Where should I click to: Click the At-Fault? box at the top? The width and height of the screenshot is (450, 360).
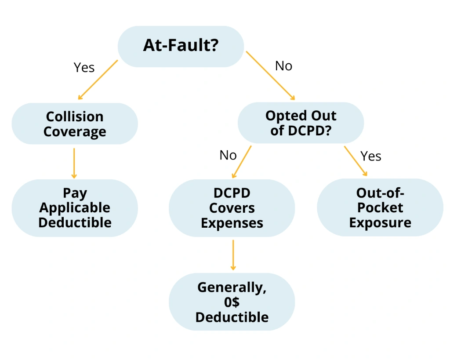pos(181,46)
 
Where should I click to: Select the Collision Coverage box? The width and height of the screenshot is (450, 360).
pos(75,124)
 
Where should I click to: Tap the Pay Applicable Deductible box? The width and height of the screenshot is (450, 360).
pos(75,208)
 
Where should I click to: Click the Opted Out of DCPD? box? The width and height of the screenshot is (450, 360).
pos(301,123)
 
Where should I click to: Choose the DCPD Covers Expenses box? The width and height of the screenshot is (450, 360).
pos(232,208)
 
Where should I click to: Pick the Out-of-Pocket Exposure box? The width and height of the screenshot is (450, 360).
pos(380,207)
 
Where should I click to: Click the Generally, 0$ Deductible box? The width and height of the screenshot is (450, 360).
pos(232,302)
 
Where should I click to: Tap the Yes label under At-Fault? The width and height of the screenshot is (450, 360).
pos(84,67)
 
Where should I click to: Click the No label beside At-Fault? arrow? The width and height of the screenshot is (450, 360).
pos(283,66)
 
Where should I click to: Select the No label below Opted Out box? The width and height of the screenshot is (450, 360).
pos(228,155)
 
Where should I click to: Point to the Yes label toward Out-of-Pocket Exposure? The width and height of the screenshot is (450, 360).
pos(370,156)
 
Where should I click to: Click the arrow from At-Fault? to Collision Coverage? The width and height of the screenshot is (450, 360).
pos(98,80)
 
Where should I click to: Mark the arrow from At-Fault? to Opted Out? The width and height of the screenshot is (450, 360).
pos(270,75)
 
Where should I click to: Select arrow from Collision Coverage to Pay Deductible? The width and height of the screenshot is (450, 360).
pos(74,163)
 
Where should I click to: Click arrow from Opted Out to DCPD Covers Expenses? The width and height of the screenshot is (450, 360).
pos(242,161)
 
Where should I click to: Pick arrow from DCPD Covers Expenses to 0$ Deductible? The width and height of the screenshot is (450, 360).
pos(233,255)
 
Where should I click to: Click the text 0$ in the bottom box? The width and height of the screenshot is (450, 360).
pos(232,302)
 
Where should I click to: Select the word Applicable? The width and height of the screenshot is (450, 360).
pos(75,208)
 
